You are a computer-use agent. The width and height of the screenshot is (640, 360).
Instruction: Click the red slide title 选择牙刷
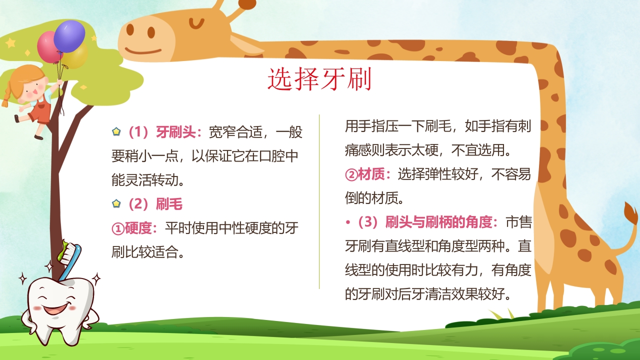(x=319, y=80)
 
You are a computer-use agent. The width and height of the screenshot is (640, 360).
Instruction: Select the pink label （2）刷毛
(x=153, y=204)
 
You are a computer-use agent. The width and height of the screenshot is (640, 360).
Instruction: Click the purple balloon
(x=69, y=35)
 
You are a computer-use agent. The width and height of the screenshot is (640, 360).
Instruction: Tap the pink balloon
(x=48, y=47)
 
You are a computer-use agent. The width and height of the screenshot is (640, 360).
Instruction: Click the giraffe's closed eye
(x=197, y=22)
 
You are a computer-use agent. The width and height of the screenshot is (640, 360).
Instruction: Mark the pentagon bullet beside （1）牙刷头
(x=116, y=132)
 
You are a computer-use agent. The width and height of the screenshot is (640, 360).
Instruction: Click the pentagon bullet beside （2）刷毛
(x=116, y=203)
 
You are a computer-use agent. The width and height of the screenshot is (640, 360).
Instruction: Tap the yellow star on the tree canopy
(x=10, y=43)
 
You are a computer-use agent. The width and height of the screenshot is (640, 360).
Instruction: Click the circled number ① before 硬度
(x=117, y=228)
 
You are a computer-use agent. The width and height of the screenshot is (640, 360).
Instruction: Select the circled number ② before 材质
(x=351, y=174)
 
